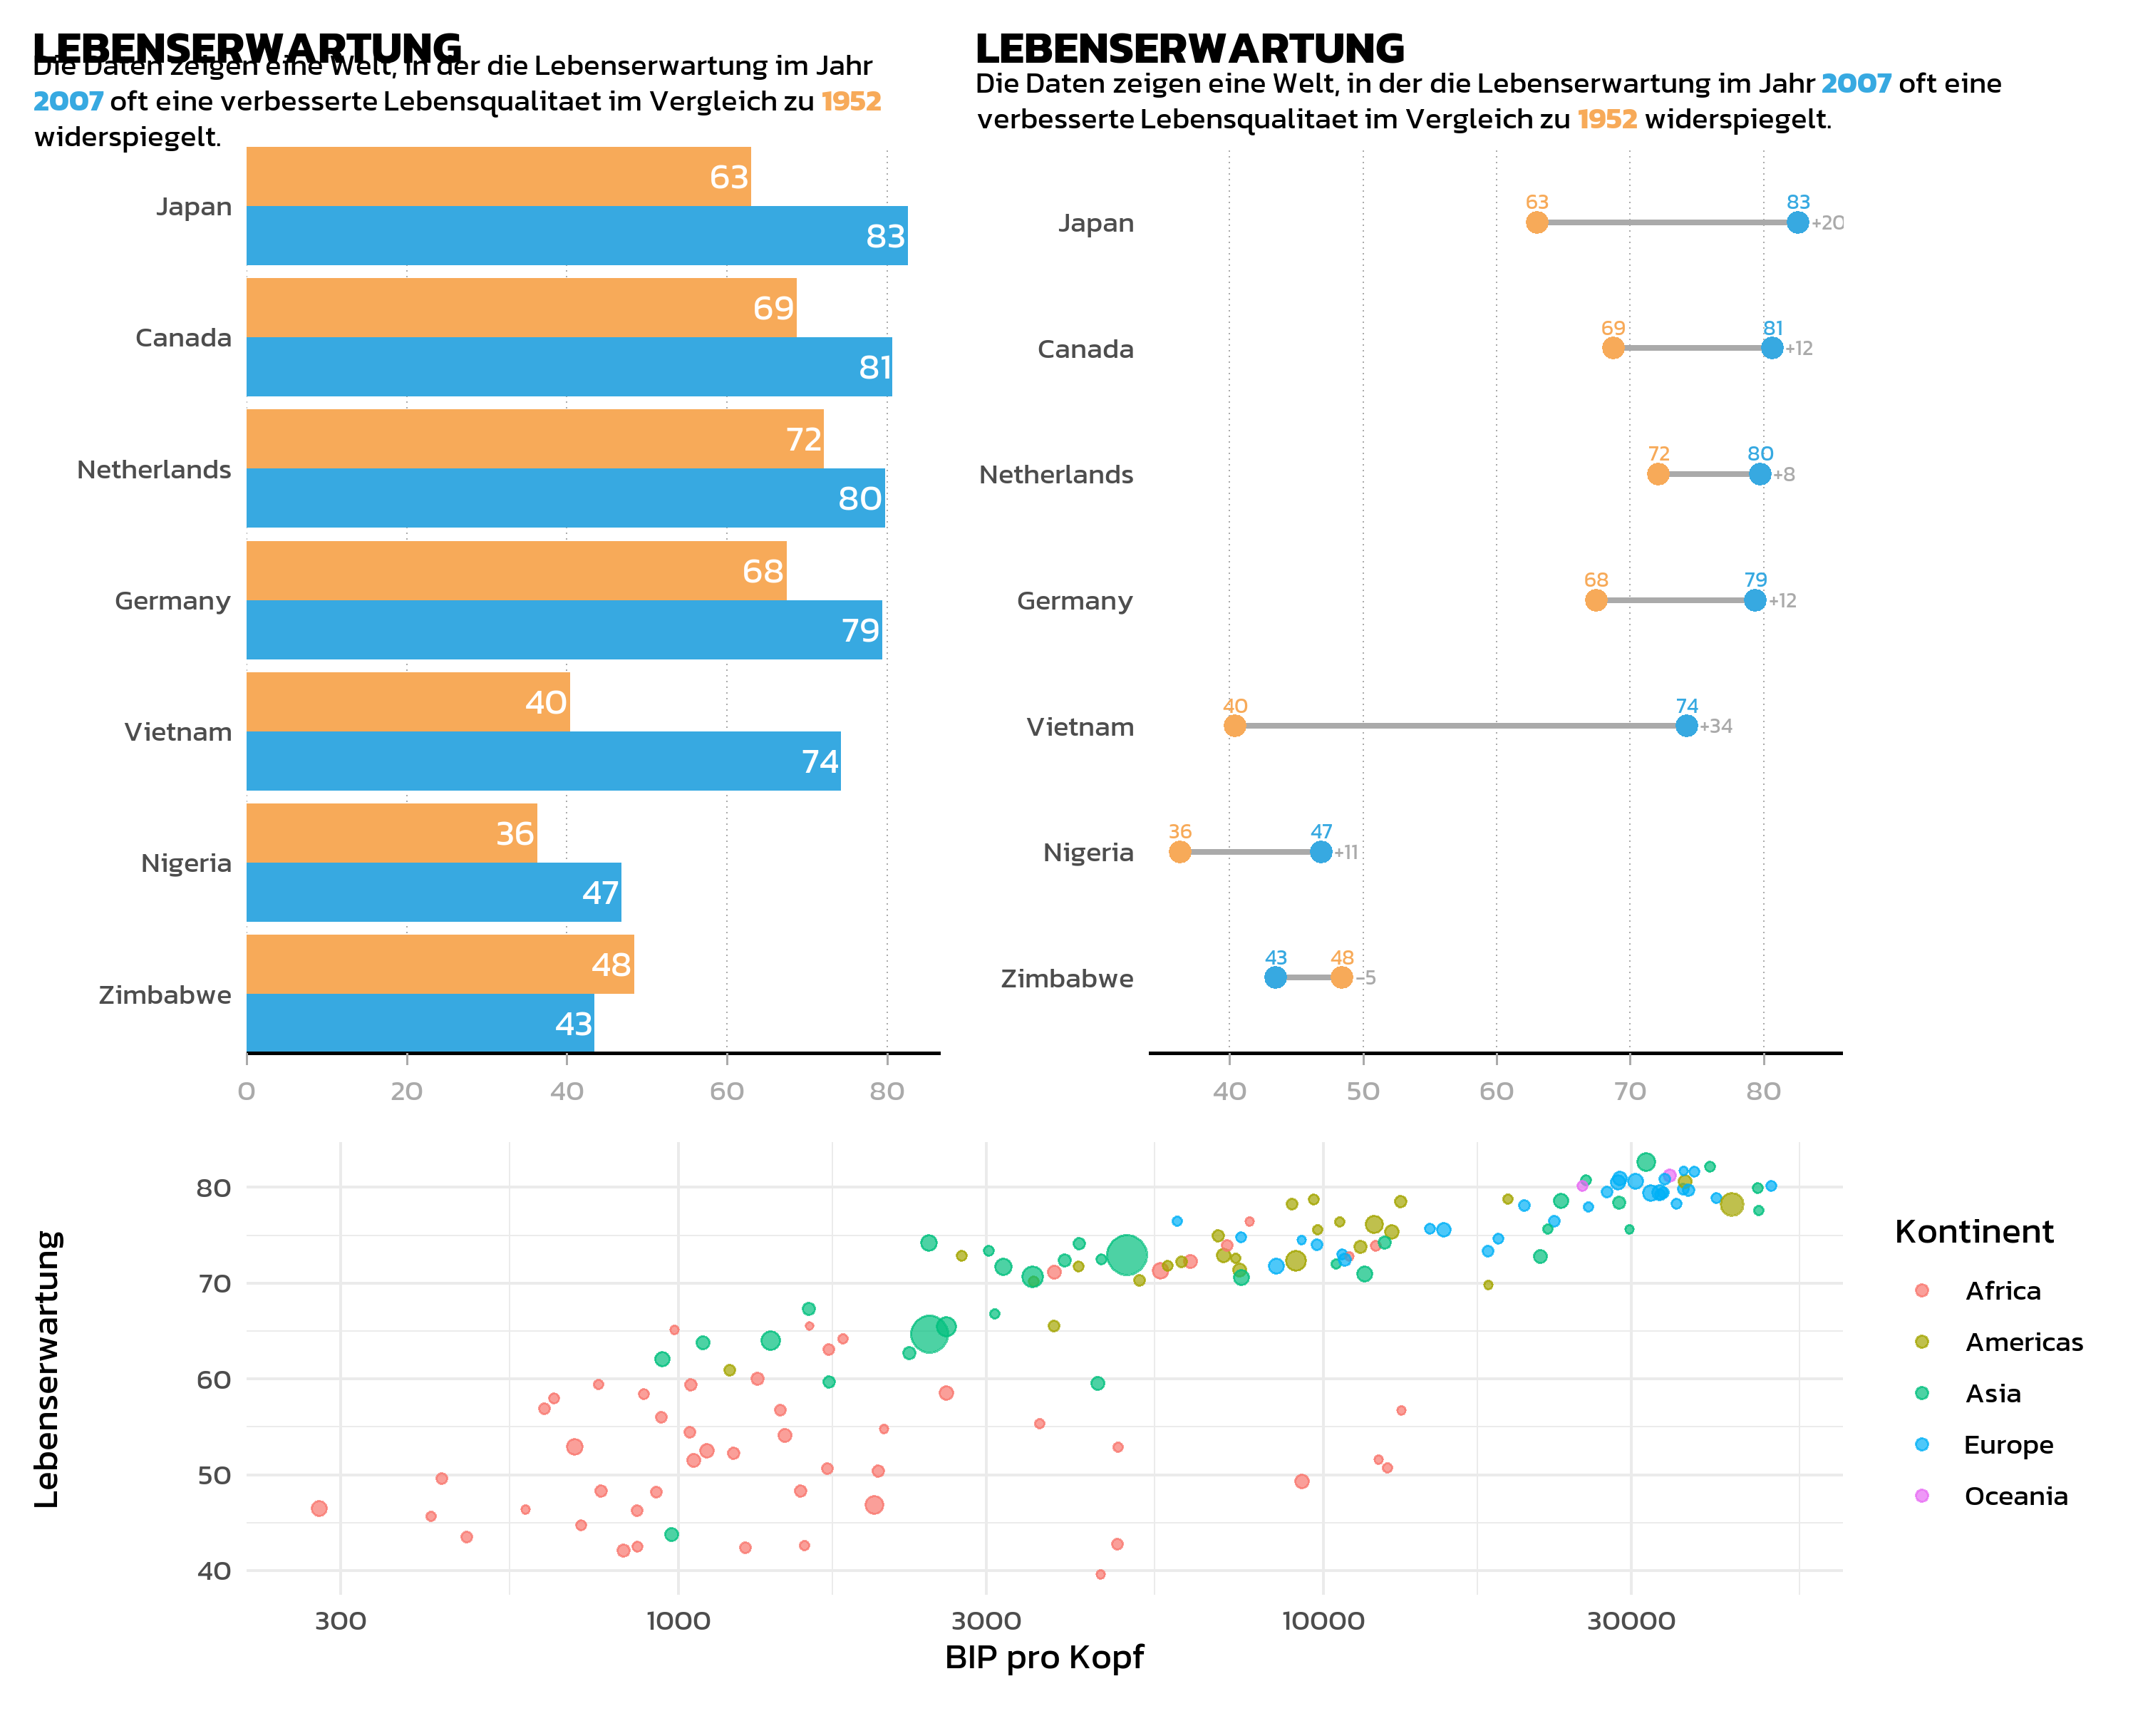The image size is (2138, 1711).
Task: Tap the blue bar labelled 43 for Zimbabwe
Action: point(420,1022)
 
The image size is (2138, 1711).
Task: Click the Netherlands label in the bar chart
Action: point(154,469)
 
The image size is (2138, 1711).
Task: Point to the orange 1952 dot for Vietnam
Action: point(1234,726)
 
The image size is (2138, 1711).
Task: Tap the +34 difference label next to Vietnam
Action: point(1717,726)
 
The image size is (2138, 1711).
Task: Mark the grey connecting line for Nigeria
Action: point(1249,852)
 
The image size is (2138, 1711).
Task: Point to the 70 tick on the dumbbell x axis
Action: point(1629,1091)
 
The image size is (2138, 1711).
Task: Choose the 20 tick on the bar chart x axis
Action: point(407,1091)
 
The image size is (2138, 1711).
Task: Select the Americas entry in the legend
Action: point(2023,1342)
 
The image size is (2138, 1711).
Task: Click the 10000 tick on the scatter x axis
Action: point(1323,1620)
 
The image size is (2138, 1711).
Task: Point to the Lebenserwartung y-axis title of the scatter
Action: point(46,1369)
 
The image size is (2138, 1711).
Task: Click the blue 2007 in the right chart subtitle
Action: point(1855,83)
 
